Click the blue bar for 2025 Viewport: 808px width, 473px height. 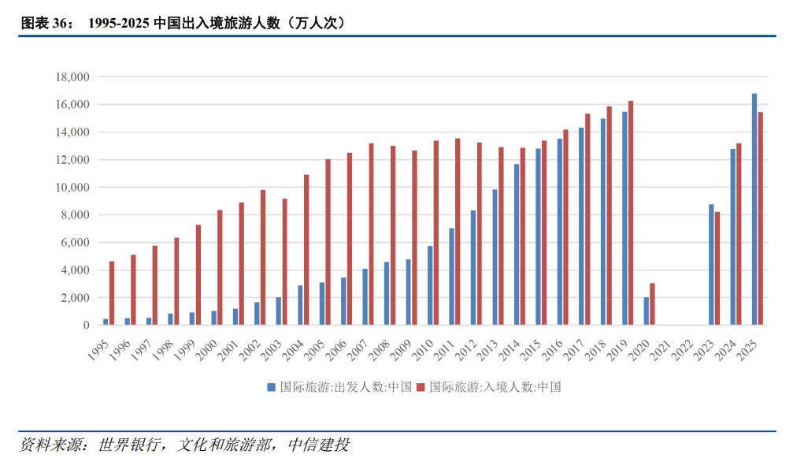(754, 209)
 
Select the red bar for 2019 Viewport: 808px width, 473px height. (631, 213)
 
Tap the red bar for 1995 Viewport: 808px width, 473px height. (112, 292)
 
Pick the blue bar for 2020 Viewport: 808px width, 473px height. (647, 311)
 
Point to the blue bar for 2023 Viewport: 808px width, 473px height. (711, 264)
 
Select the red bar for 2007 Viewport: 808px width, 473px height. (371, 234)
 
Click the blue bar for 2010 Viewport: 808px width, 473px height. (430, 285)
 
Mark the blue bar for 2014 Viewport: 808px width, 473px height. (517, 244)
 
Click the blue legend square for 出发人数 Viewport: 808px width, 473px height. (271, 387)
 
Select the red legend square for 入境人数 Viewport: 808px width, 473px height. (421, 387)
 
